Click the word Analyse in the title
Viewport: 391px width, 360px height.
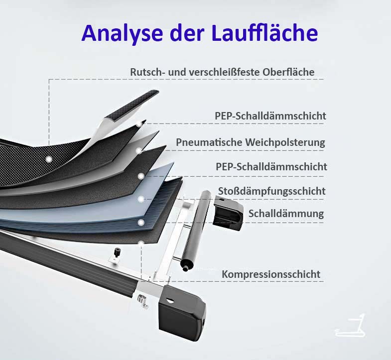tap(122, 34)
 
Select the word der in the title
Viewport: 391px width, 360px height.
tap(187, 33)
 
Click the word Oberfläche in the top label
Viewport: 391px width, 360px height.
tap(288, 72)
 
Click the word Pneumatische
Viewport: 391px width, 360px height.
tap(209, 142)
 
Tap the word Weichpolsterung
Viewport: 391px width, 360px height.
tap(285, 142)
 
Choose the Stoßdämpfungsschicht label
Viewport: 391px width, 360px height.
tap(272, 191)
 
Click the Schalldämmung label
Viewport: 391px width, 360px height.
tap(286, 214)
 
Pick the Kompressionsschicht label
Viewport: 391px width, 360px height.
tap(271, 274)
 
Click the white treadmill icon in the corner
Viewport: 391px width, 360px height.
tap(350, 325)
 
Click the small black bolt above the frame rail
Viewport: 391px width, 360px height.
tap(117, 252)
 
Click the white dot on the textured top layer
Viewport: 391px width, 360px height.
tap(49, 159)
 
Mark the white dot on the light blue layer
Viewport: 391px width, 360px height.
tap(141, 199)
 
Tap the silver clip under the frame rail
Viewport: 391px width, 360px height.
tap(142, 300)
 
